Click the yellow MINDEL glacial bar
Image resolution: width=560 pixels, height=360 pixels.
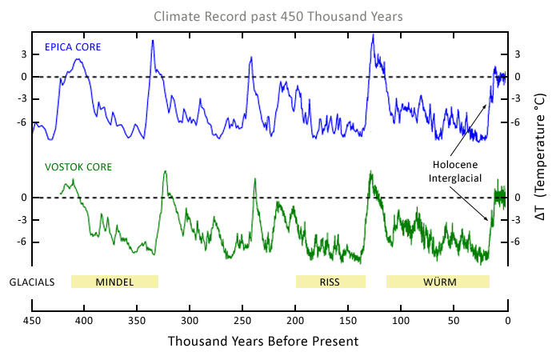point(114,282)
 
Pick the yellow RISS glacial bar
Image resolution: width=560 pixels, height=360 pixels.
point(330,282)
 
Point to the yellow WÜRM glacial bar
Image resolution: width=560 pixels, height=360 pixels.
point(438,282)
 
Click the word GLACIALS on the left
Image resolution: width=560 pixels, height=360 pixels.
point(31,282)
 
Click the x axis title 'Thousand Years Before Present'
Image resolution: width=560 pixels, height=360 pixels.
point(263,342)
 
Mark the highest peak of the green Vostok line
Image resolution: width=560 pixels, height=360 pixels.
point(370,171)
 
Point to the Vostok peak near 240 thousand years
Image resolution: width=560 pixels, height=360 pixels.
point(254,178)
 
